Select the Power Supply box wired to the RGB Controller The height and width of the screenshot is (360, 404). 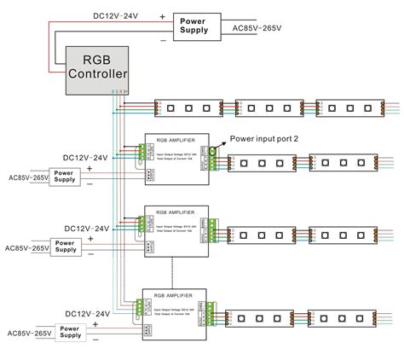click(199, 25)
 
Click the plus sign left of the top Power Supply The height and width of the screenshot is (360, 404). click(162, 16)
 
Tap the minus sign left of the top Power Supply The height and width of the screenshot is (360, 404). click(162, 38)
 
